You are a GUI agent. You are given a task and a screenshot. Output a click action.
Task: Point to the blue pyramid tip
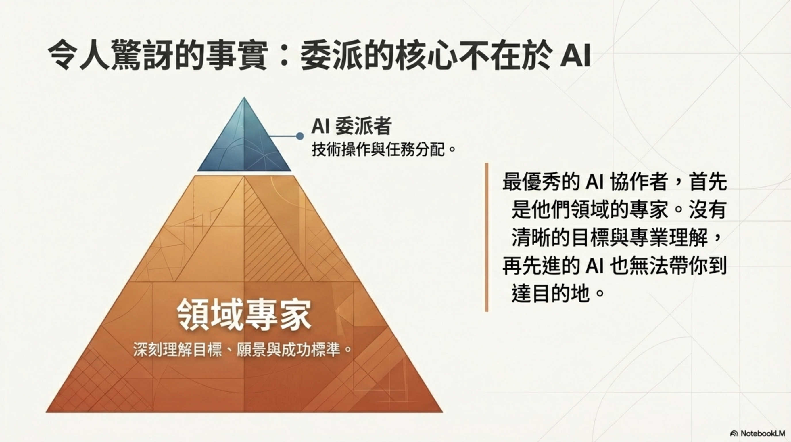[x=244, y=138]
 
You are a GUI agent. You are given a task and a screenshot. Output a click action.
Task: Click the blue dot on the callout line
[x=300, y=136]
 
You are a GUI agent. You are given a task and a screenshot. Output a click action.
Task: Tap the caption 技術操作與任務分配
[x=379, y=150]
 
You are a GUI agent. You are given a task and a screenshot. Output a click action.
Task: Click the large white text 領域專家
[x=244, y=315]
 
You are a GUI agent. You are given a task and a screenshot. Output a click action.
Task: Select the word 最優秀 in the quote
[x=533, y=182]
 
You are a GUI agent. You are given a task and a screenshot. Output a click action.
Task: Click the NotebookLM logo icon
[x=734, y=434]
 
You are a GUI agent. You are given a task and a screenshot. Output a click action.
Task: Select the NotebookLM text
[x=762, y=434]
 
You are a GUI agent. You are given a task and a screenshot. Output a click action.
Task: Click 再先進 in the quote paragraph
[x=533, y=266]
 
